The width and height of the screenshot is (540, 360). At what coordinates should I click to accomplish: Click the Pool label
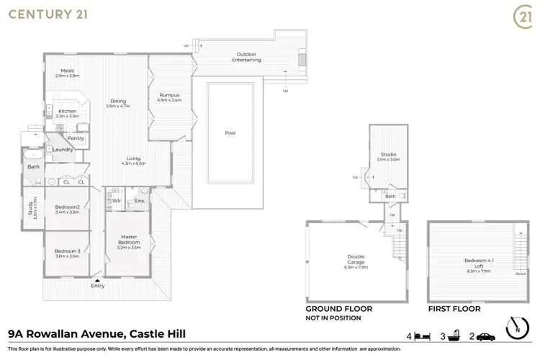point(230,132)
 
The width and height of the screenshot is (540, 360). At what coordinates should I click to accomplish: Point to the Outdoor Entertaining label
point(246,57)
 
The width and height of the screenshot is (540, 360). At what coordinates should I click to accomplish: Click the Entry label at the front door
point(98,286)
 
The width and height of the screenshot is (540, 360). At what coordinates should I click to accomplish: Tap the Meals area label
point(68,71)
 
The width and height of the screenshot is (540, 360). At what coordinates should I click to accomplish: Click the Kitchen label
point(68,111)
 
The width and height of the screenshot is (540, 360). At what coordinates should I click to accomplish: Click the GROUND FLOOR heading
point(339,308)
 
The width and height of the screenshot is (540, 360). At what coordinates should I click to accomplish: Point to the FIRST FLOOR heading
point(454,308)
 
